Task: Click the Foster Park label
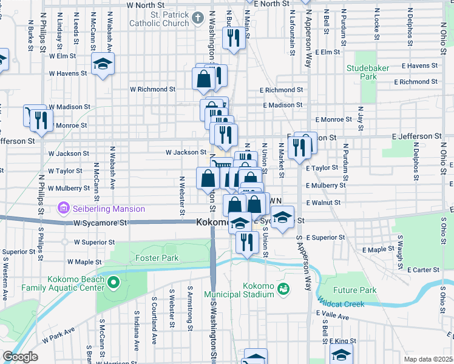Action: click(x=157, y=258)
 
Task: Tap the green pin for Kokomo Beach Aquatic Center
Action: click(x=113, y=282)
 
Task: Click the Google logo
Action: click(x=19, y=357)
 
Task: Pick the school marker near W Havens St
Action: click(x=103, y=64)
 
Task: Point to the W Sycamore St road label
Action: click(x=101, y=223)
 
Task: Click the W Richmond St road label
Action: click(x=153, y=89)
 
